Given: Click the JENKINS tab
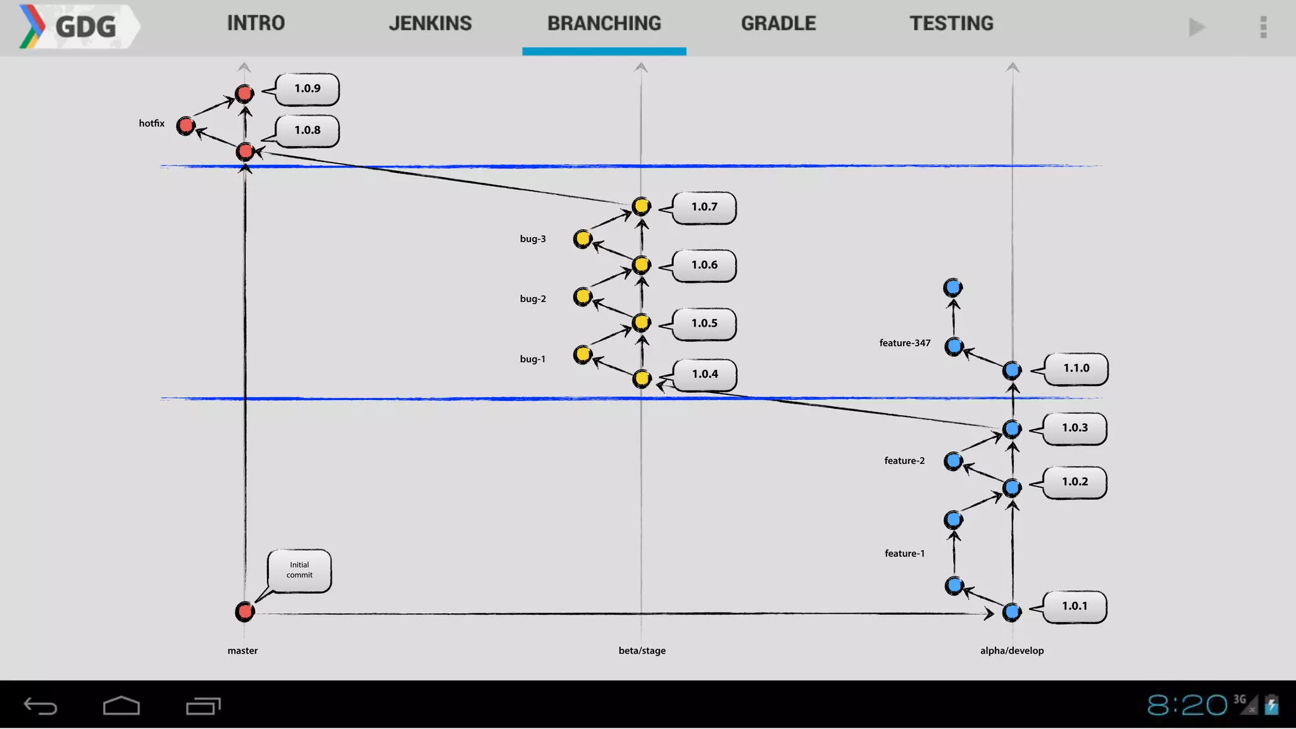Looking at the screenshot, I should pos(430,24).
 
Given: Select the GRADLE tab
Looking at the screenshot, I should pos(778,24).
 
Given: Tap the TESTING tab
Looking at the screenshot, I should pos(952,24).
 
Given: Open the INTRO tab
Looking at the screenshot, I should pos(256,24).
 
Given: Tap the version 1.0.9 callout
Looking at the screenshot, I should pos(308,89).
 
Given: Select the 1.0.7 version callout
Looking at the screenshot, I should pos(704,207).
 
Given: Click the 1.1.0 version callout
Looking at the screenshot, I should pos(1076,368).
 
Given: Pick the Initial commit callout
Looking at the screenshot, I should pos(299,570).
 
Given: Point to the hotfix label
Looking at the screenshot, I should pos(152,123).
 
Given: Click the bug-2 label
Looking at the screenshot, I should pos(533,299).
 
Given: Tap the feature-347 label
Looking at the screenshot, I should pos(905,343).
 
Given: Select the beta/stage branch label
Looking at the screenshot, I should pos(642,651).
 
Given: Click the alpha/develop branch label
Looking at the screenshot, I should pos(1012,651).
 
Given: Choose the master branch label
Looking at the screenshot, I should pos(243,651).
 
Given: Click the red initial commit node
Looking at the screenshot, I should pos(245,611).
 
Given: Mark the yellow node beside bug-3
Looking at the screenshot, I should pos(583,239).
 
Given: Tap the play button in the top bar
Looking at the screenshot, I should pos(1197,27).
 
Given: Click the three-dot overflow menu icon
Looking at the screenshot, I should pos(1263,27).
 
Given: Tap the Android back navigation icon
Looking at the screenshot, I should pos(40,706).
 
